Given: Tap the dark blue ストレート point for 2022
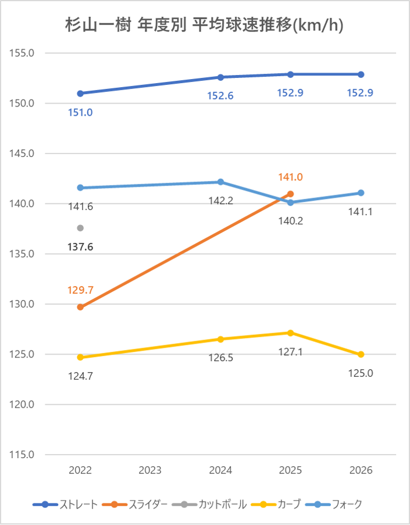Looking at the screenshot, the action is (x=80, y=94).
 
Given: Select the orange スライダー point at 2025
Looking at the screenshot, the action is (x=290, y=194).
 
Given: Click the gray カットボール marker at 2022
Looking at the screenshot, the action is (x=80, y=228).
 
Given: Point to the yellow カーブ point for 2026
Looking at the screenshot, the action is (x=361, y=354).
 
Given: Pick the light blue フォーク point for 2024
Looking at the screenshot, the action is (x=220, y=182).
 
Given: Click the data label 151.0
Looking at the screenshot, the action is (x=80, y=113).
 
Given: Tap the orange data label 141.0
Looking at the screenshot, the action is (x=290, y=177).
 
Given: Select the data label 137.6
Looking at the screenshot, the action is (x=80, y=247).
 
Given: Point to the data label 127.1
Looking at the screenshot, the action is (x=290, y=352).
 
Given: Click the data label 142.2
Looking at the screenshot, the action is (x=220, y=201).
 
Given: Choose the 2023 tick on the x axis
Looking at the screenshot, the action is (x=150, y=470).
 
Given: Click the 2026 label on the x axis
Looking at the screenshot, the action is (x=361, y=470).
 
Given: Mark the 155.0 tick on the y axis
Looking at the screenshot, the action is (x=22, y=53).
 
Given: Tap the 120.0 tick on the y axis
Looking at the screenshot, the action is (x=22, y=405).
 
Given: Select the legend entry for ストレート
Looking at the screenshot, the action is (x=65, y=504).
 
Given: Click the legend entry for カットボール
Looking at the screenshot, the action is (x=209, y=504).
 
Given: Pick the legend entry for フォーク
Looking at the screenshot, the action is (x=334, y=504).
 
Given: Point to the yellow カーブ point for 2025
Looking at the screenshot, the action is (x=290, y=333).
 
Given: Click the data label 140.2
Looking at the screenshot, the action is (x=290, y=221).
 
